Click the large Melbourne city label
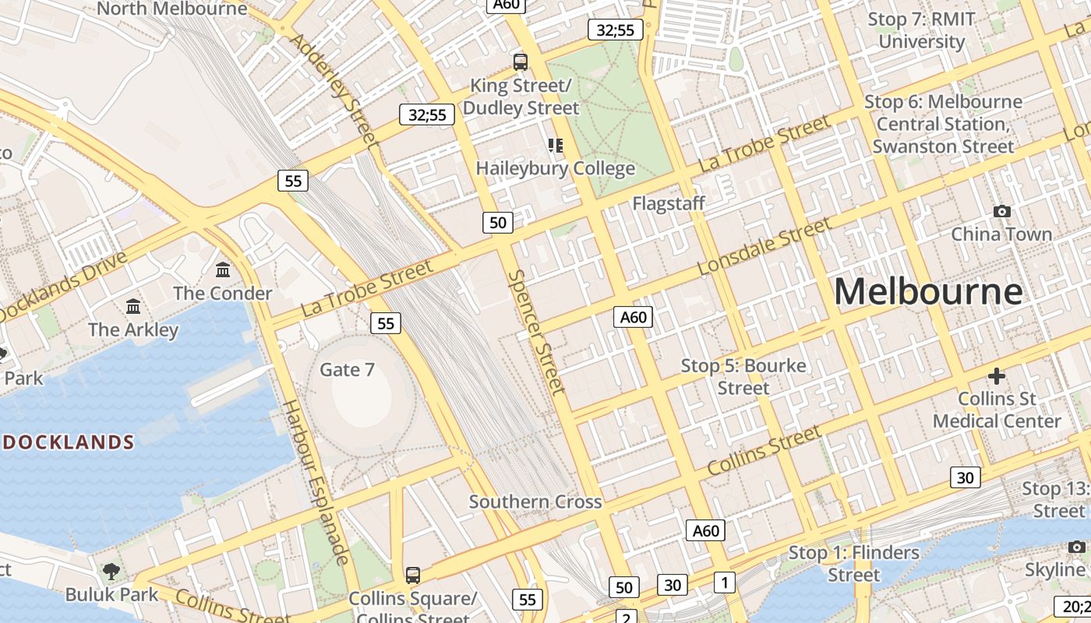(928, 292)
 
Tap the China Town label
(1001, 234)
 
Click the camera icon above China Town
(1002, 211)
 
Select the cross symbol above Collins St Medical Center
(997, 376)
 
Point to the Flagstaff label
(669, 203)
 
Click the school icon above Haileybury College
(555, 146)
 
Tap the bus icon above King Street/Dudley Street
(520, 62)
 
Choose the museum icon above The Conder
(223, 270)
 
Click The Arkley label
(133, 329)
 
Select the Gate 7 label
(347, 369)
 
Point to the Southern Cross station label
(535, 502)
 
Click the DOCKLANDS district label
(69, 442)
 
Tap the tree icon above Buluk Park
(111, 571)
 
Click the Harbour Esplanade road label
(315, 482)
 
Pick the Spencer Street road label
(536, 332)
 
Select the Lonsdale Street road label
(764, 246)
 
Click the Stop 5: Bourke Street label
(743, 376)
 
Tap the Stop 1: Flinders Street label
(854, 564)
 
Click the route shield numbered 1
(725, 583)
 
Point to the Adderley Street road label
(335, 89)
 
